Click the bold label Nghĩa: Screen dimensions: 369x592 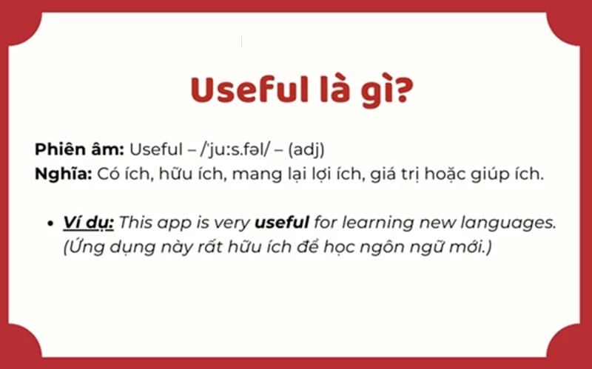(x=63, y=175)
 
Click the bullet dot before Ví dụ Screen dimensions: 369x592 (x=51, y=223)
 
